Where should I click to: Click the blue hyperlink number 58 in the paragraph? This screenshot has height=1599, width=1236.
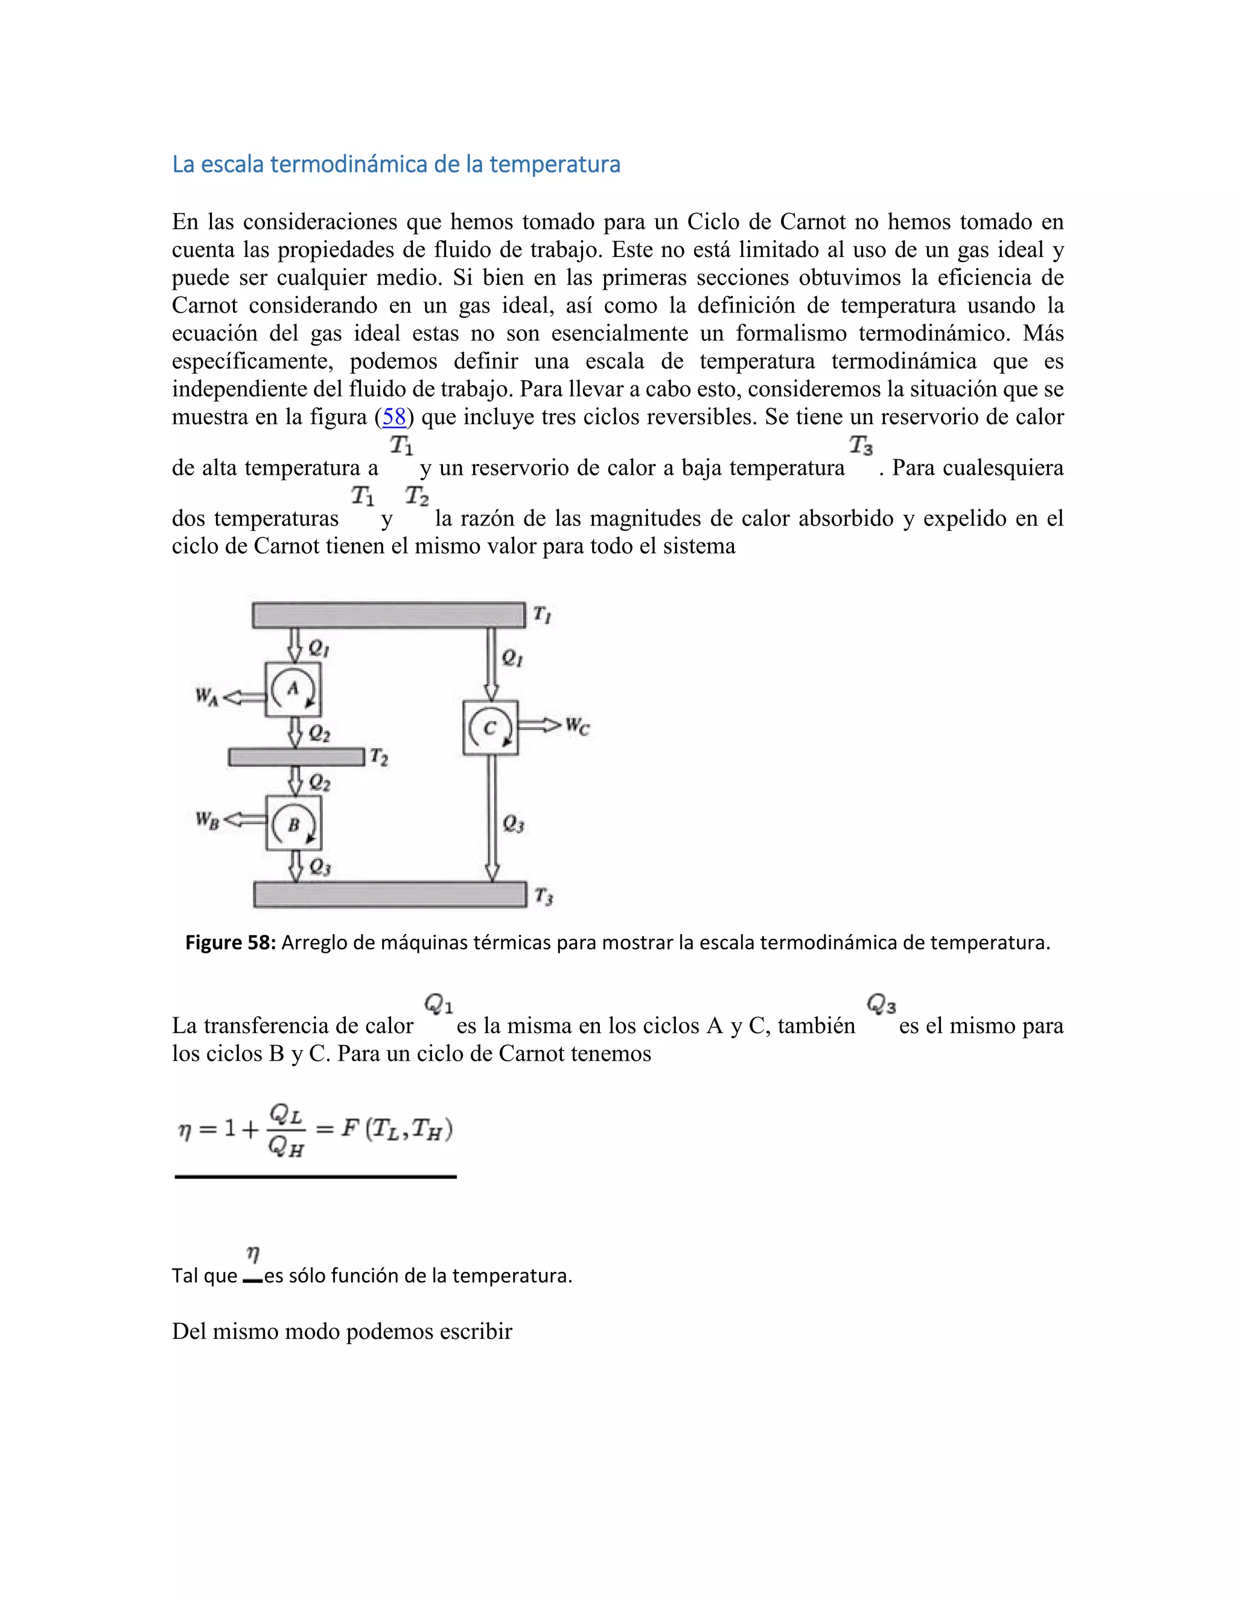pos(394,416)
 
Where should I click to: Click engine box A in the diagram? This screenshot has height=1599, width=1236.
pos(293,689)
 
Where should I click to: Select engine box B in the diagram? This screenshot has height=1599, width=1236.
pos(294,824)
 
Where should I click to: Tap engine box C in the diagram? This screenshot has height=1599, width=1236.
pos(491,728)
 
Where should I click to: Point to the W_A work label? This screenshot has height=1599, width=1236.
pos(206,696)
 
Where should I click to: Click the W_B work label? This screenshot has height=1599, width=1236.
pos(206,820)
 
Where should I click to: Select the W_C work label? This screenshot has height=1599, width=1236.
pos(578,726)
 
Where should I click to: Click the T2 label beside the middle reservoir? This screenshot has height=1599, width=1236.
pos(378,757)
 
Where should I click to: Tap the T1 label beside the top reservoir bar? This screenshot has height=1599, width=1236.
pos(541,614)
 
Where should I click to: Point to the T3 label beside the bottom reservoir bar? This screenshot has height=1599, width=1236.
pos(543,896)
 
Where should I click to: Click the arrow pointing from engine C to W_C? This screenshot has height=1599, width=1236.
pos(540,725)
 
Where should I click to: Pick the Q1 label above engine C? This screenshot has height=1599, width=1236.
pos(512,658)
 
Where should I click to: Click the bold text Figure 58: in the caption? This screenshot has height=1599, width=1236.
pos(230,943)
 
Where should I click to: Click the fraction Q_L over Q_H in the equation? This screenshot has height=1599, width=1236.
pos(286,1130)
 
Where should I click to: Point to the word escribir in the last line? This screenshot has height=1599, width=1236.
pos(476,1331)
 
